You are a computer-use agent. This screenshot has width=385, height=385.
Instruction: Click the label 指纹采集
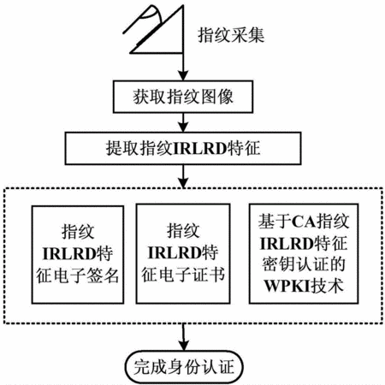pyautogui.click(x=231, y=36)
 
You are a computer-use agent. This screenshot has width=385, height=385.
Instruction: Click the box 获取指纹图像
pyautogui.click(x=183, y=97)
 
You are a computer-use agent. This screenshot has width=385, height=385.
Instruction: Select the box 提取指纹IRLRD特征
pyautogui.click(x=183, y=148)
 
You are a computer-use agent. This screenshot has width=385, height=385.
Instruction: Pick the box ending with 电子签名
pyautogui.click(x=78, y=255)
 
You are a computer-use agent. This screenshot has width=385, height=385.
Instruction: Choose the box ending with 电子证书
pyautogui.click(x=183, y=254)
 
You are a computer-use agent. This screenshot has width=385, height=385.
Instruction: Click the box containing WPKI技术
pyautogui.click(x=304, y=254)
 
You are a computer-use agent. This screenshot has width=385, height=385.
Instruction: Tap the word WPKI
pyautogui.click(x=287, y=286)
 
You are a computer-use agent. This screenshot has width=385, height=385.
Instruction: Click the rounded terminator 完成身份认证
pyautogui.click(x=184, y=367)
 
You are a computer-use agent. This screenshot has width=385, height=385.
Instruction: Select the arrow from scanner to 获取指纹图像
pyautogui.click(x=183, y=67)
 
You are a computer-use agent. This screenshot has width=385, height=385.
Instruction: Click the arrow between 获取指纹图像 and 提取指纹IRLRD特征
pyautogui.click(x=183, y=122)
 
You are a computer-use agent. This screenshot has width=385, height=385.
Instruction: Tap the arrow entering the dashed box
pyautogui.click(x=183, y=176)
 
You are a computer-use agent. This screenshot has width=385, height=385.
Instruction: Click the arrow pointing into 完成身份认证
pyautogui.click(x=184, y=337)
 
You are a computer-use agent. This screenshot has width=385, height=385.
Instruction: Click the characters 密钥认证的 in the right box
pyautogui.click(x=304, y=264)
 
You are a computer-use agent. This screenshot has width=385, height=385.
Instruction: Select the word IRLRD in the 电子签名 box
pyautogui.click(x=69, y=254)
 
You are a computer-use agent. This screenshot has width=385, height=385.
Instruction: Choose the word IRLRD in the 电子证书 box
pyautogui.click(x=175, y=252)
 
